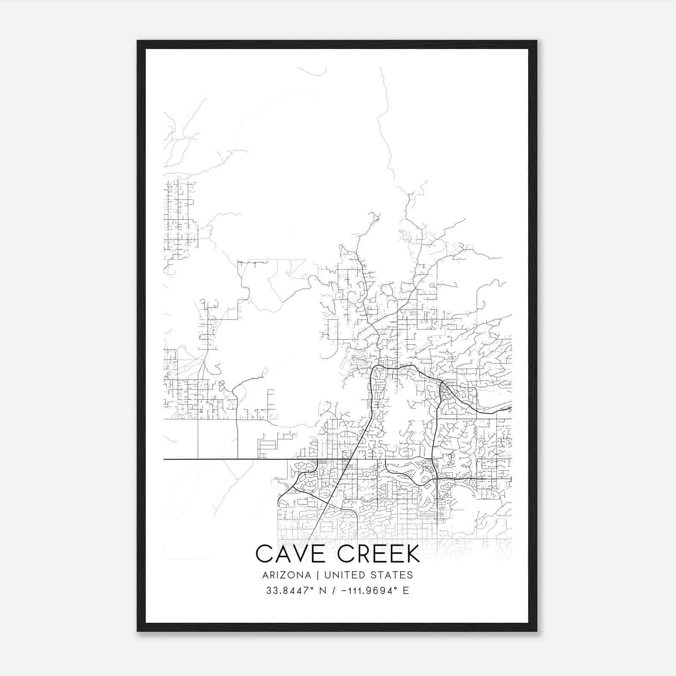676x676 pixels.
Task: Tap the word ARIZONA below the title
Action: click(x=286, y=575)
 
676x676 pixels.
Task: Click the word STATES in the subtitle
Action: click(x=392, y=575)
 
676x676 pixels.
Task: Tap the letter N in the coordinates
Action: click(x=322, y=591)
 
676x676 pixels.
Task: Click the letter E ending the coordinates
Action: click(x=406, y=591)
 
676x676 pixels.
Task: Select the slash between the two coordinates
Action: click(x=335, y=591)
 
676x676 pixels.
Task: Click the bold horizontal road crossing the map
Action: click(x=220, y=459)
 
